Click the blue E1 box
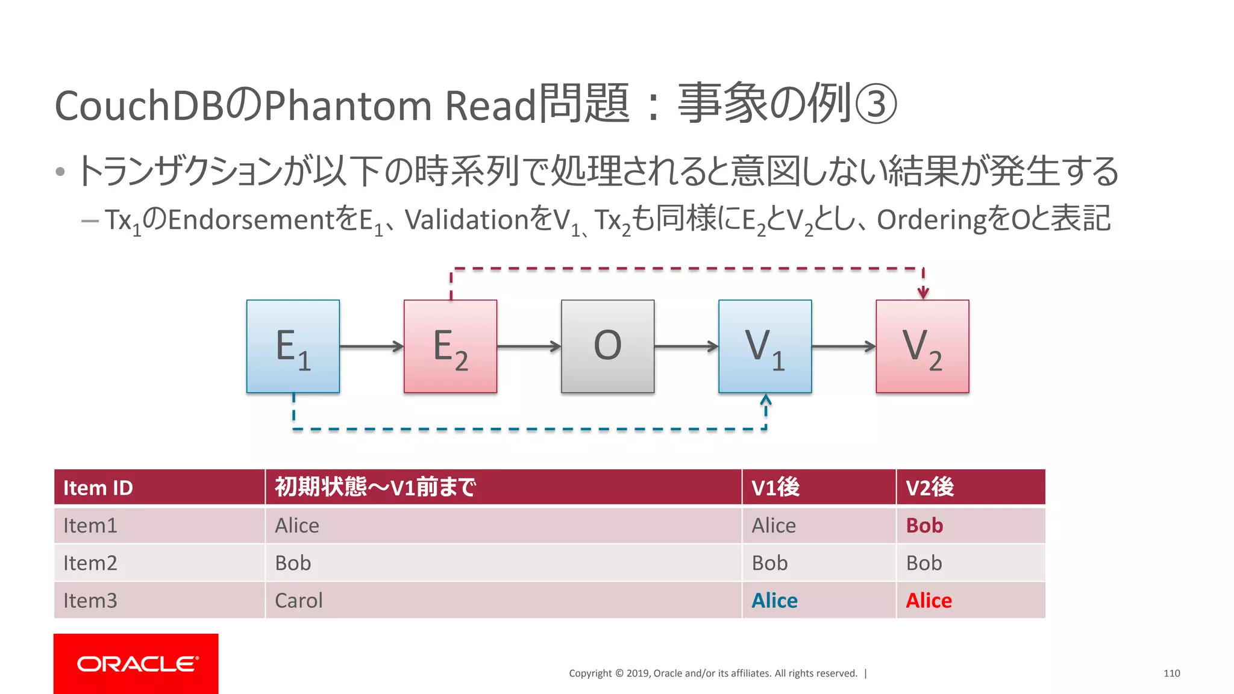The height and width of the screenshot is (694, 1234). pyautogui.click(x=293, y=346)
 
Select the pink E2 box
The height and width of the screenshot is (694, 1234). pyautogui.click(x=450, y=346)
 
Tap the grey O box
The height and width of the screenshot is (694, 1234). pyautogui.click(x=607, y=346)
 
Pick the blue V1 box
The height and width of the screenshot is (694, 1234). pyautogui.click(x=765, y=346)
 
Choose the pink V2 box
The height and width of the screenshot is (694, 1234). pyautogui.click(x=922, y=346)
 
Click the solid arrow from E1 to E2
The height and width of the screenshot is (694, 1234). pyautogui.click(x=371, y=346)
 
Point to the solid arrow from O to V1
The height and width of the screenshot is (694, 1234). pyautogui.click(x=686, y=346)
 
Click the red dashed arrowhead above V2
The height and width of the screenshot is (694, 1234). pyautogui.click(x=922, y=293)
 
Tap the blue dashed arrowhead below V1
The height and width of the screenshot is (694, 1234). pyautogui.click(x=765, y=400)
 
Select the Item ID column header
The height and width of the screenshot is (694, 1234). pyautogui.click(x=98, y=487)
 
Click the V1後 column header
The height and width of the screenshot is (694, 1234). pyautogui.click(x=775, y=487)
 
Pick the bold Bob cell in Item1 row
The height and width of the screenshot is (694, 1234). pyautogui.click(x=924, y=525)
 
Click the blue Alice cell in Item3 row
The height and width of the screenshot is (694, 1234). pyautogui.click(x=774, y=601)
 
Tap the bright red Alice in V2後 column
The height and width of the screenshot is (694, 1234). pyautogui.click(x=929, y=601)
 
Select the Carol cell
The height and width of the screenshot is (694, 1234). pyautogui.click(x=299, y=601)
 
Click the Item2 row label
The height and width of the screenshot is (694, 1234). pyautogui.click(x=90, y=563)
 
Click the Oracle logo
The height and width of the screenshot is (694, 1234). pyautogui.click(x=136, y=663)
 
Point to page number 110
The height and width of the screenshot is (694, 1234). pyautogui.click(x=1171, y=673)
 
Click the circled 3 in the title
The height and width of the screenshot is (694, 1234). pyautogui.click(x=875, y=104)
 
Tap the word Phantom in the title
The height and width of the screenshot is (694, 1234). pyautogui.click(x=348, y=105)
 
